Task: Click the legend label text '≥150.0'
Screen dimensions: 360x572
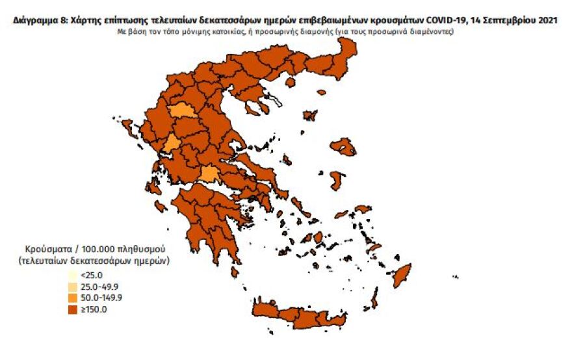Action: pos(95,309)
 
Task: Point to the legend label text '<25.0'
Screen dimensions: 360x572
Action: pos(92,274)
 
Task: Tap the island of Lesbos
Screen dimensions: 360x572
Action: pos(343,148)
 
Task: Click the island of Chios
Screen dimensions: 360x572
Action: pos(337,179)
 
